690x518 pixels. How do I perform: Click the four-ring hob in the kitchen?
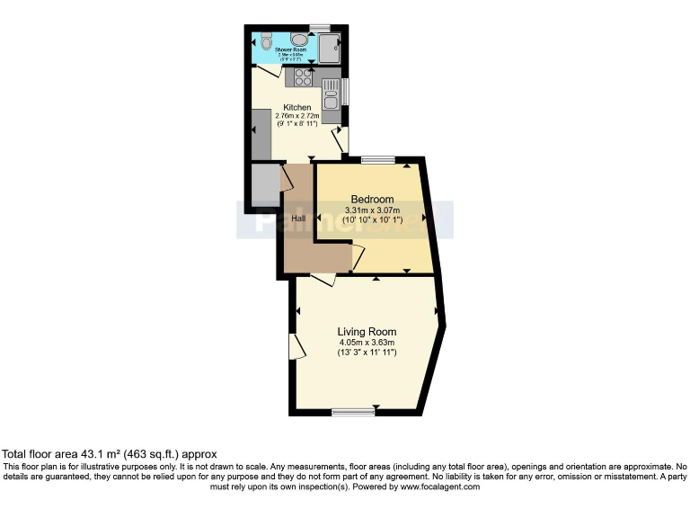[298, 78]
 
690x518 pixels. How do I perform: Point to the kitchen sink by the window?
[331, 92]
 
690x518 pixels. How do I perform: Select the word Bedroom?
[372, 199]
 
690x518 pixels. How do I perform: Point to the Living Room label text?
[367, 332]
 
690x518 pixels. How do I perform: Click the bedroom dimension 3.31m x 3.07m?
[372, 211]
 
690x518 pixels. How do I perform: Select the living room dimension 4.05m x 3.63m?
[367, 343]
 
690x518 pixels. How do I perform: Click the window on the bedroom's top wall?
[377, 161]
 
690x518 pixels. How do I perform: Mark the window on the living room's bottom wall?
[352, 412]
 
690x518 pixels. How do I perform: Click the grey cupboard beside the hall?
[264, 185]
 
